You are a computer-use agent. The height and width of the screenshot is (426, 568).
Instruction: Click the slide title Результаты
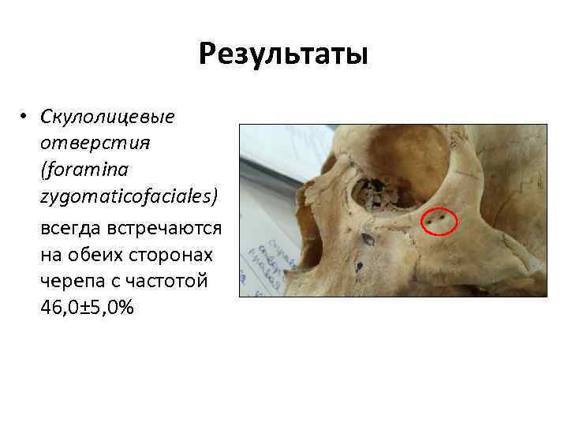pos(283,54)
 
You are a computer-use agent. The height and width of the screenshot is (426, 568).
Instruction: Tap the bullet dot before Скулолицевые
pos(25,117)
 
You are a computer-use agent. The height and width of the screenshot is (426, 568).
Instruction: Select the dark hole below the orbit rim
pos(368,238)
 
